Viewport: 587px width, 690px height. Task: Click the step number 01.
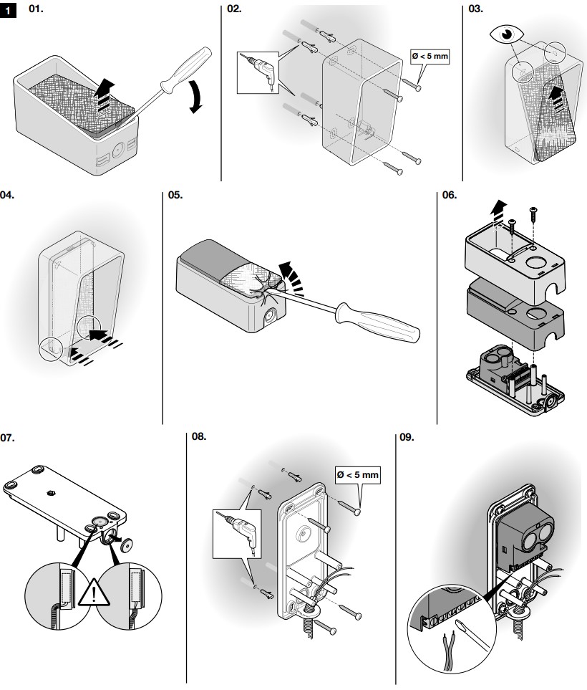(x=34, y=11)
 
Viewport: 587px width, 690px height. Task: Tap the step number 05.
(x=175, y=194)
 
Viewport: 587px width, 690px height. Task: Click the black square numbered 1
(x=9, y=11)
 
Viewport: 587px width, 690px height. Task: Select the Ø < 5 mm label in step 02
(x=431, y=56)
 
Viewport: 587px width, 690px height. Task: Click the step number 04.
(x=8, y=194)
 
